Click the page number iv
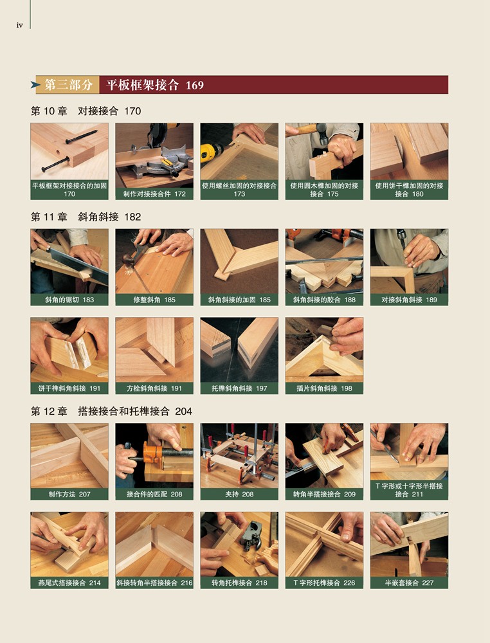pos(20,26)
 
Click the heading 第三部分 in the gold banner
pos(68,85)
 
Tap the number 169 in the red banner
pos(194,86)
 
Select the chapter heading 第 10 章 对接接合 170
pos(86,111)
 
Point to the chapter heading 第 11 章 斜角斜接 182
pos(86,217)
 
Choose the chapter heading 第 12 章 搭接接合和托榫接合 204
pos(111,412)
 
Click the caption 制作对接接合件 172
pos(154,194)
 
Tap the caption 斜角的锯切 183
pos(69,300)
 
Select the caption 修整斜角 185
pos(154,300)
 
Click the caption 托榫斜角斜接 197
pos(239,388)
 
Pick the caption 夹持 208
pos(239,494)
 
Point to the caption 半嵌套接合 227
pos(409,583)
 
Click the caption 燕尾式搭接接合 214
pos(69,583)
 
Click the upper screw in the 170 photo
pos(81,137)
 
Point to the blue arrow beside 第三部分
pos(35,85)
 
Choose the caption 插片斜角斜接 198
pos(324,388)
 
